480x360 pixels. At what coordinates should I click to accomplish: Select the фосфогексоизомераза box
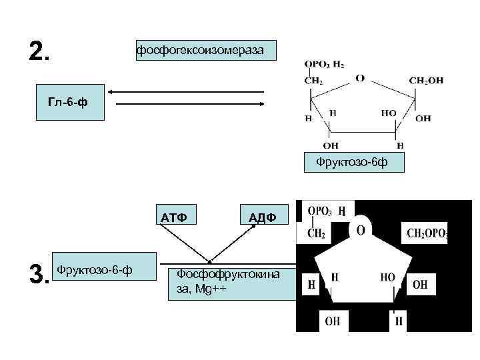(206, 50)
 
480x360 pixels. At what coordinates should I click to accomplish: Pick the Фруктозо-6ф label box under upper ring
(360, 162)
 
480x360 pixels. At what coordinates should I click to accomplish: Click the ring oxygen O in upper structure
(359, 78)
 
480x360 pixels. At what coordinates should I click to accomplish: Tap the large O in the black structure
(360, 230)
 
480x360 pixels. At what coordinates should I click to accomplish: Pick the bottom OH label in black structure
(333, 321)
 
